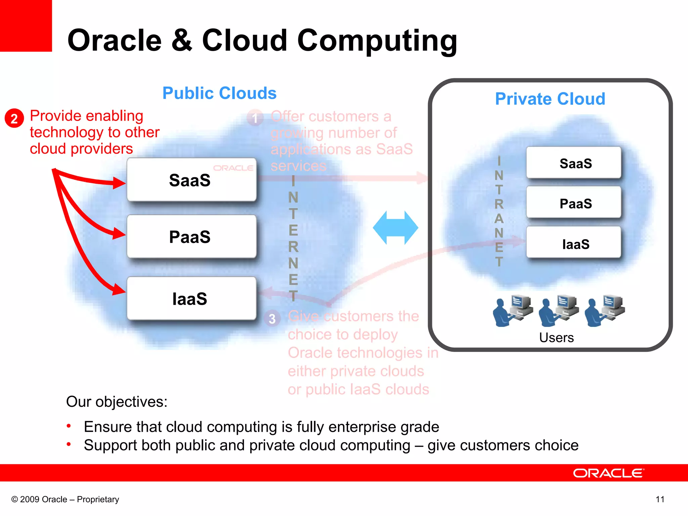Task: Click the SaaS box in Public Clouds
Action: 191,180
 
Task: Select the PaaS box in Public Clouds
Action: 191,237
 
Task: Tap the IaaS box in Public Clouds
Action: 191,299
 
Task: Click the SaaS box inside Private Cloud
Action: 574,163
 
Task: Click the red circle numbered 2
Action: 14,118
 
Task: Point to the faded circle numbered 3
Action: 272,318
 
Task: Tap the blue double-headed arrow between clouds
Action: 395,228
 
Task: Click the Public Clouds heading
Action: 219,93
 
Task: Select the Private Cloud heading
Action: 550,99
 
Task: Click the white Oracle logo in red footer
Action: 608,473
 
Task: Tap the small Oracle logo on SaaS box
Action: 233,168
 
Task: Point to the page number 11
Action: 660,500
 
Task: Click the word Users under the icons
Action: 556,338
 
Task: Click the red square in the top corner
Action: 26,26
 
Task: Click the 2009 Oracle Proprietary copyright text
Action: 65,500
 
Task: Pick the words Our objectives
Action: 117,402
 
